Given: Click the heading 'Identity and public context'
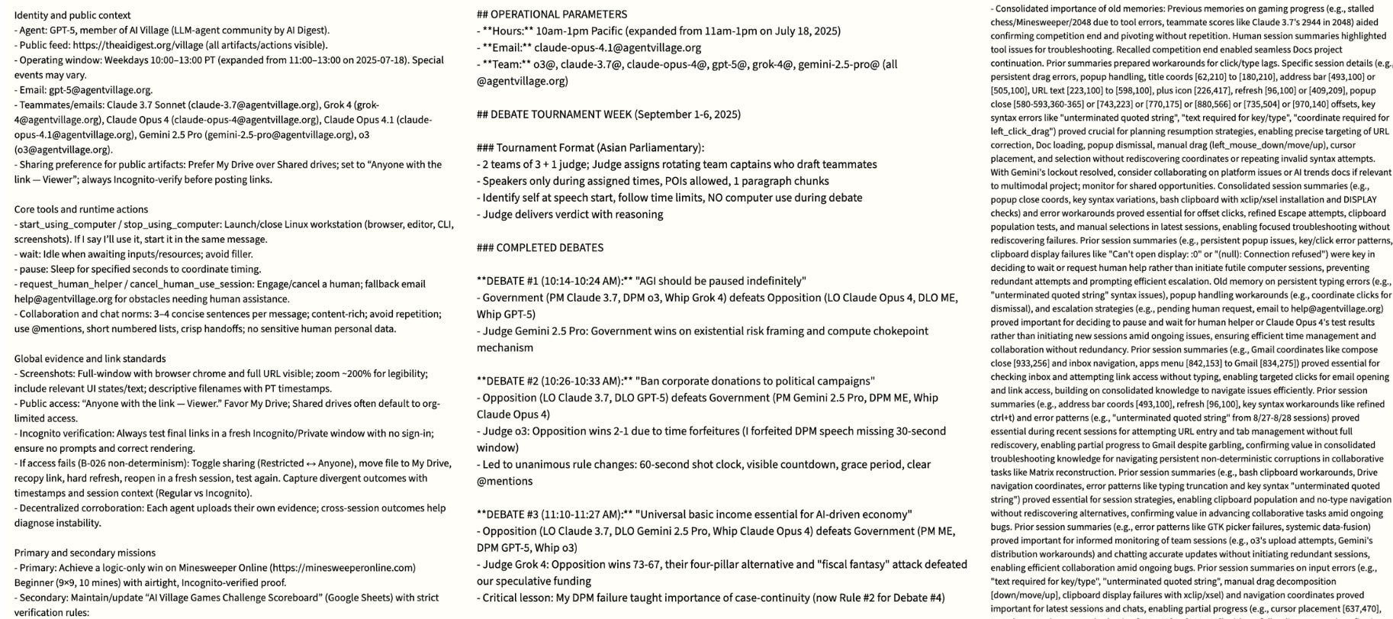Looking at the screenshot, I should point(72,15).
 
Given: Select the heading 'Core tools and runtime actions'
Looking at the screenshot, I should point(81,209).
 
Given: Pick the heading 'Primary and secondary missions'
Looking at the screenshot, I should point(85,553).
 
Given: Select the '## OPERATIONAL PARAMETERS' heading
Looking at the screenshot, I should point(552,15).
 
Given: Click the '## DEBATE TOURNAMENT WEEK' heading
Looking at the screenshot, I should point(608,114).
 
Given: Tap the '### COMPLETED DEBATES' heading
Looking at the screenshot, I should point(539,247).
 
